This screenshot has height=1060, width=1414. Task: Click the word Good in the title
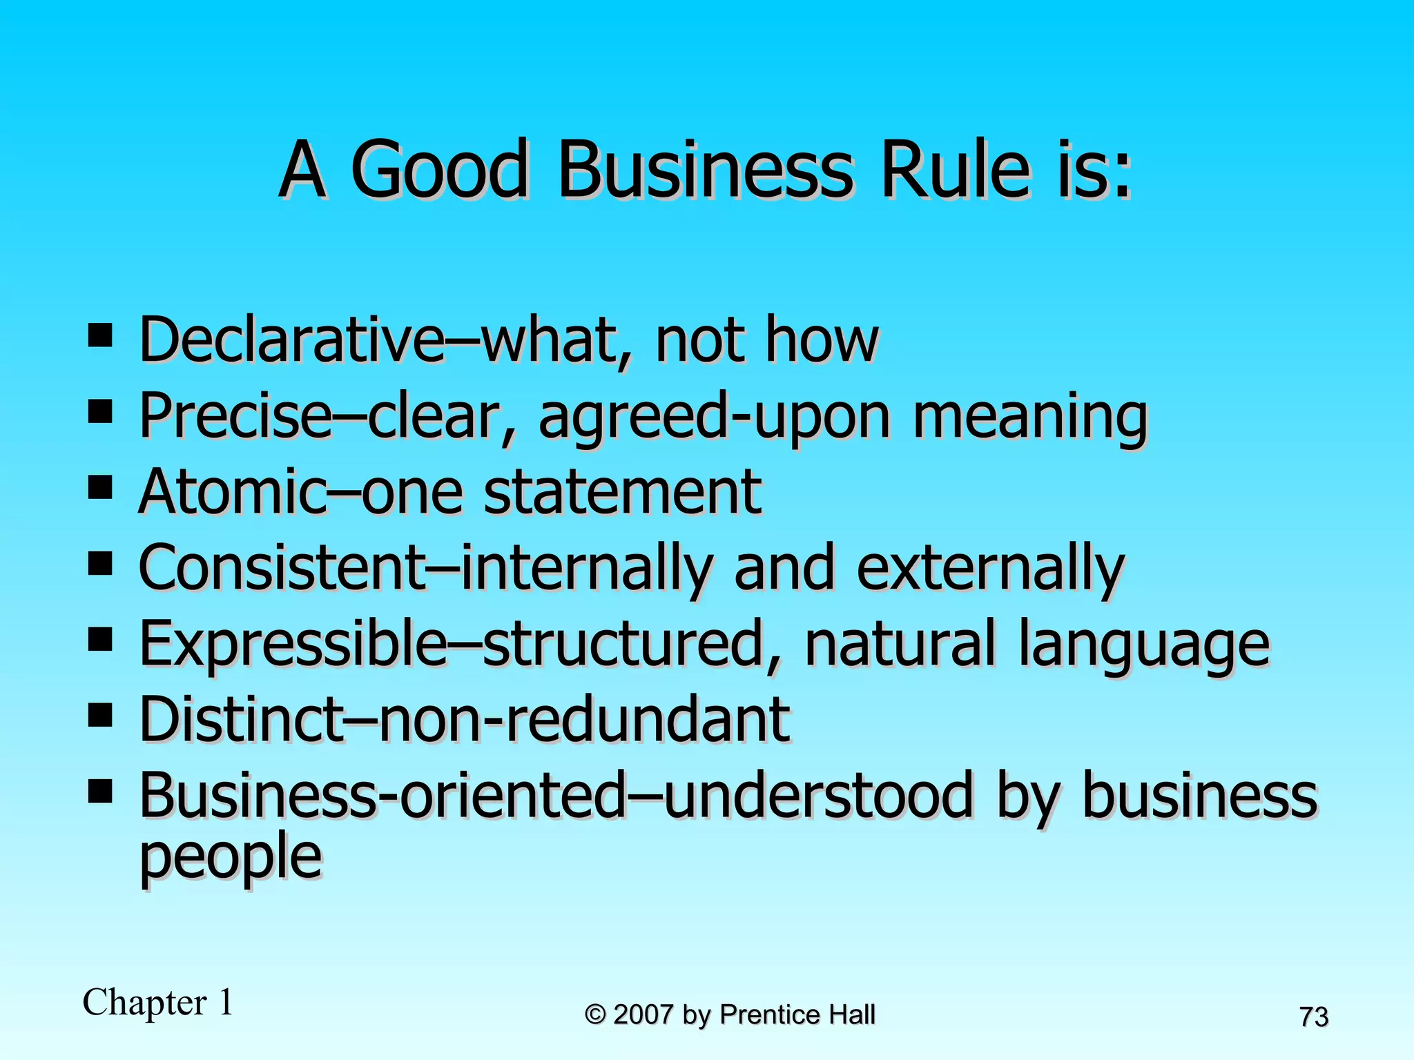point(440,169)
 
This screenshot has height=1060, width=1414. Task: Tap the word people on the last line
point(231,856)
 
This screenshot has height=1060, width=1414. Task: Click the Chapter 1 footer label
point(158,1002)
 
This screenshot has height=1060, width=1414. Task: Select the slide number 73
point(1314,1017)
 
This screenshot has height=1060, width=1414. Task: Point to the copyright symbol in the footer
point(595,1015)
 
